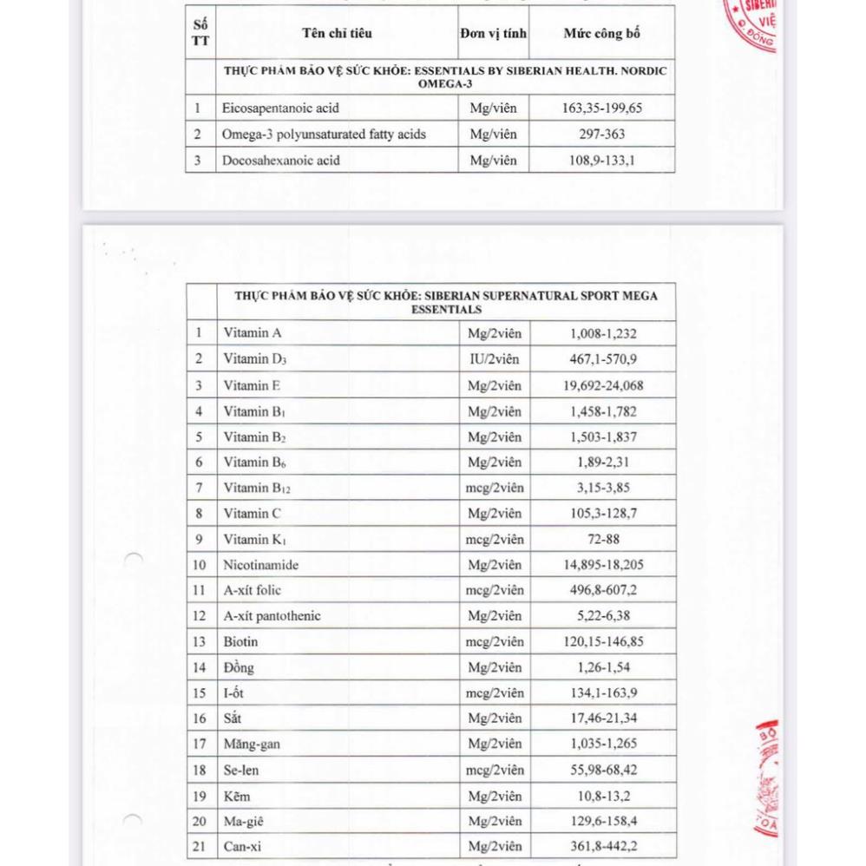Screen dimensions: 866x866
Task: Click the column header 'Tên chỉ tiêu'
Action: click(x=337, y=34)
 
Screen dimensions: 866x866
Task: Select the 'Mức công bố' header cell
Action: click(x=601, y=34)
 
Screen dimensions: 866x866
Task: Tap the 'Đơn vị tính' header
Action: click(x=493, y=34)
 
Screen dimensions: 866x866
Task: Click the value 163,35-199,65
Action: click(x=602, y=108)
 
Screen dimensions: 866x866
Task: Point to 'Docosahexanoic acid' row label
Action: click(x=280, y=161)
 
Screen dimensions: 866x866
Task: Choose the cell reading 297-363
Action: click(x=602, y=134)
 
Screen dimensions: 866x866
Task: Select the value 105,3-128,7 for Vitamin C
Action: click(x=603, y=514)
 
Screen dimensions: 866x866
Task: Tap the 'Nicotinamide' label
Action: click(x=260, y=565)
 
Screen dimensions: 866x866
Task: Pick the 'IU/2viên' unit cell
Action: click(x=494, y=359)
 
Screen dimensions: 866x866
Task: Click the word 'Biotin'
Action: click(x=240, y=642)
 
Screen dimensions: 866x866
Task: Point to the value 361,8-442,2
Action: click(x=603, y=847)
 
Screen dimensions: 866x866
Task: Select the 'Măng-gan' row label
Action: click(x=252, y=745)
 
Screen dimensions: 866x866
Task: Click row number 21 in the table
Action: click(x=200, y=847)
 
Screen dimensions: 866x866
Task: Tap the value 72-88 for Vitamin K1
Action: click(x=603, y=540)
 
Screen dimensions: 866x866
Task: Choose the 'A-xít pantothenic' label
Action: click(x=272, y=616)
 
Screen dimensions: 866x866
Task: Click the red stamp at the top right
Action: click(x=752, y=22)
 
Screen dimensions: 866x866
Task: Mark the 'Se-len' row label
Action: click(x=241, y=771)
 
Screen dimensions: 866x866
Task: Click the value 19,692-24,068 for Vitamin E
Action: click(x=603, y=385)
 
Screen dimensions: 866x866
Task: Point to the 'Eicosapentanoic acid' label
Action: click(x=280, y=108)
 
